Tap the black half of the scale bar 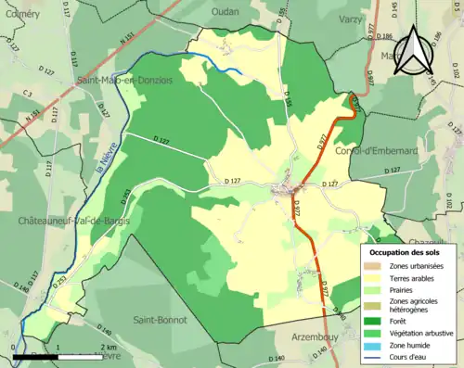tap(36, 356)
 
